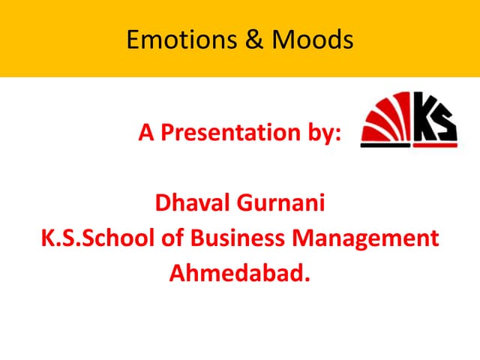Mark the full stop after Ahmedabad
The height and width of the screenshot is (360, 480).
point(305,280)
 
